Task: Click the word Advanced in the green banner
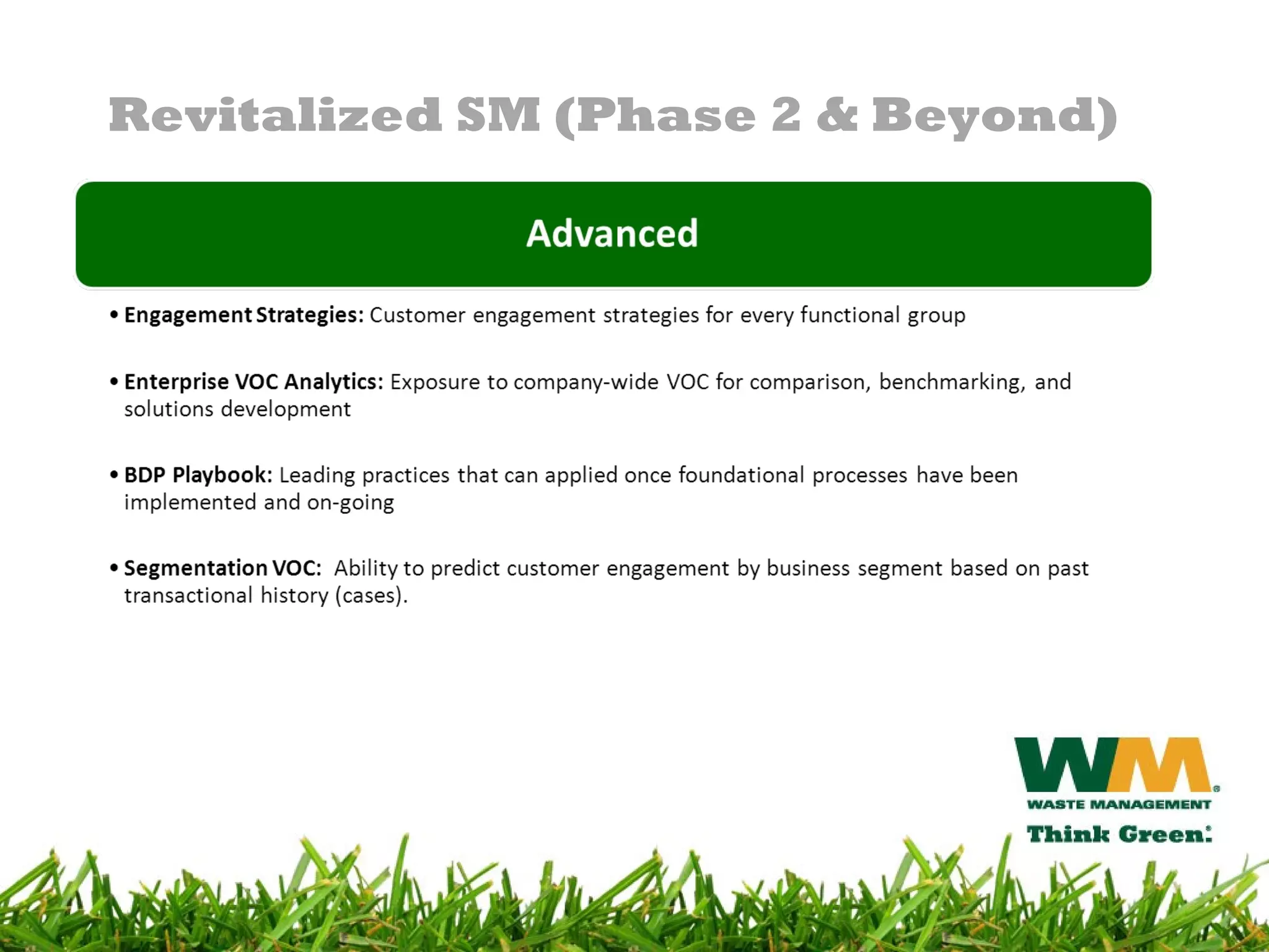coord(612,234)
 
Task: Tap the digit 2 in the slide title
coord(786,115)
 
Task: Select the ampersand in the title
coord(836,115)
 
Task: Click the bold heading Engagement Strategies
coord(244,315)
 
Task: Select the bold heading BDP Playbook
coord(198,475)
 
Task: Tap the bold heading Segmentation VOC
coord(222,568)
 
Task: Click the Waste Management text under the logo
coord(1118,804)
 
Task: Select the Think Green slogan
coord(1118,834)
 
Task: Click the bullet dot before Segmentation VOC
coord(114,568)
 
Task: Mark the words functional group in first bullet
coord(882,315)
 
